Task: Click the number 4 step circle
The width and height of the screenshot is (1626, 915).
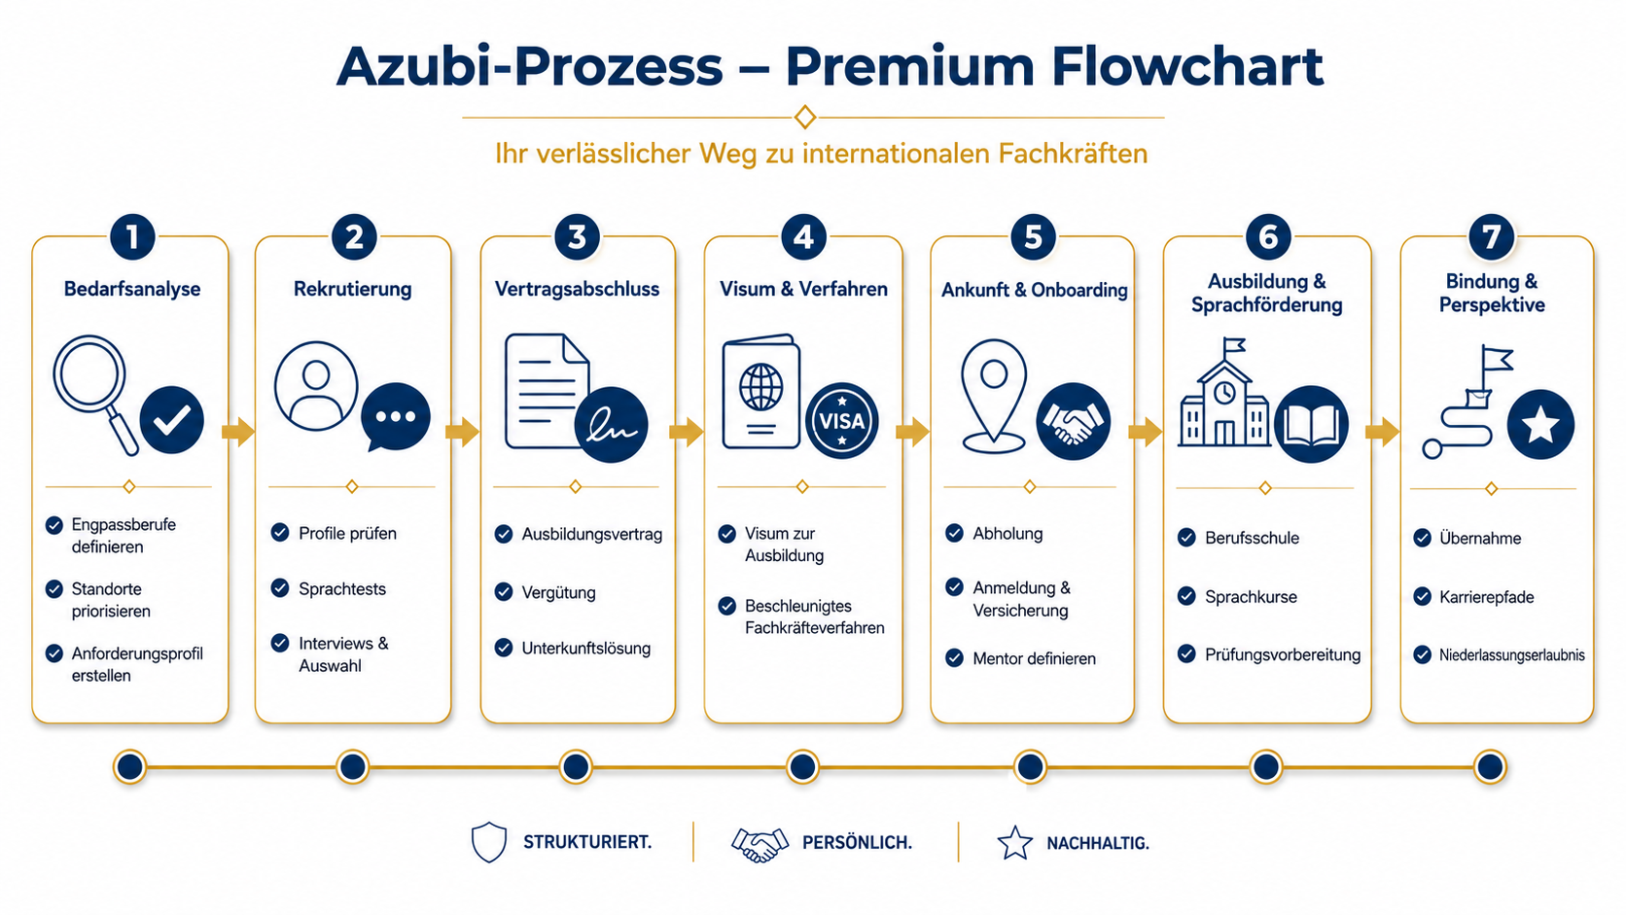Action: (803, 236)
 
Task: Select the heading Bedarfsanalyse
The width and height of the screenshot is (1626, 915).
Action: (132, 289)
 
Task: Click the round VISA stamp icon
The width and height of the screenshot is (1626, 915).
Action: (841, 421)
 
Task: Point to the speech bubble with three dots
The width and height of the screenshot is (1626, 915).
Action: (396, 416)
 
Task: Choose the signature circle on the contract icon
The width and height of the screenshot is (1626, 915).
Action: (611, 425)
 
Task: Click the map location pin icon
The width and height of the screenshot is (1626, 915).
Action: (993, 396)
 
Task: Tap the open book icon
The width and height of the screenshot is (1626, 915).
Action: (1311, 425)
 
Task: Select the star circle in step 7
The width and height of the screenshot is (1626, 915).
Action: (1540, 425)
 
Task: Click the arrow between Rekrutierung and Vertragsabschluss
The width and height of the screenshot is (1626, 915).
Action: (462, 432)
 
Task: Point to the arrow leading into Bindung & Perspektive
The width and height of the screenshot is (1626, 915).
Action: (1383, 433)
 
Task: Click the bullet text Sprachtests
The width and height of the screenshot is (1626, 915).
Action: (342, 588)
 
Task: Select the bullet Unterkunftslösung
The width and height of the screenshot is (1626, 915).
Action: (585, 648)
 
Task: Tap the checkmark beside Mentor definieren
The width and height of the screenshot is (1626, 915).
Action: (955, 658)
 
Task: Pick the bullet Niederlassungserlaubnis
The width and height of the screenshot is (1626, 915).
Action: (1512, 655)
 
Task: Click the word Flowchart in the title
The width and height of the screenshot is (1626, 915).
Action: (1187, 67)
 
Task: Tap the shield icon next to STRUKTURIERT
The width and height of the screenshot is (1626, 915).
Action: (488, 842)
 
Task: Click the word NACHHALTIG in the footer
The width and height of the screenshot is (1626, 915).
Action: (1098, 843)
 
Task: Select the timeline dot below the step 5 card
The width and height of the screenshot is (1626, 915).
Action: (1030, 767)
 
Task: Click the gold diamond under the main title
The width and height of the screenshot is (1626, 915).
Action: (805, 117)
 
